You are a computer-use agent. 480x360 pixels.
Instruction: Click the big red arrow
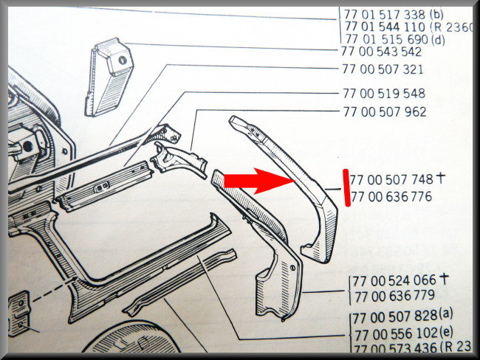259,181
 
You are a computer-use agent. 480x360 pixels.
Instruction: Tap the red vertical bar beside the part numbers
346,187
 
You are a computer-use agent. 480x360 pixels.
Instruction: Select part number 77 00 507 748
391,179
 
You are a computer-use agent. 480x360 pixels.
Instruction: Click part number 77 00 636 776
391,197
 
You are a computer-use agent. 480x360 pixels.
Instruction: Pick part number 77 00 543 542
382,52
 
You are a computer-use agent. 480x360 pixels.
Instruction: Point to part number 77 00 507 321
383,69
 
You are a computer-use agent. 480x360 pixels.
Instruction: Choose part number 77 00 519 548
384,93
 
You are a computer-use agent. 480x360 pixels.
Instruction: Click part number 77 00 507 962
385,111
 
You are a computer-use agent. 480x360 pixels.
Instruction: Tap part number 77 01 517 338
385,14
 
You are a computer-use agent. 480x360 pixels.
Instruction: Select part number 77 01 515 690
387,39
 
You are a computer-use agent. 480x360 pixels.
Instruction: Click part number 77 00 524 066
394,280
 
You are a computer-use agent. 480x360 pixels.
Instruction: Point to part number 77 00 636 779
394,296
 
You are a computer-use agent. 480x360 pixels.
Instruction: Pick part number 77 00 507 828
395,317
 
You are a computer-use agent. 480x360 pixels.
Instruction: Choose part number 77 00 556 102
396,334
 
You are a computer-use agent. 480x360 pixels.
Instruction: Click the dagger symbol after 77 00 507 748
440,178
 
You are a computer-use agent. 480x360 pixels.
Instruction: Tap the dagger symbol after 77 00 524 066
444,279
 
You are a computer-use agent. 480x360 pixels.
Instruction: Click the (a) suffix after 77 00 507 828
446,314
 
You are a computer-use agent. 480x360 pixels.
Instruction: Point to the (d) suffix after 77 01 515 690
438,40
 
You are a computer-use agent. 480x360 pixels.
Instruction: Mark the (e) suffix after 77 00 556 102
446,333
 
